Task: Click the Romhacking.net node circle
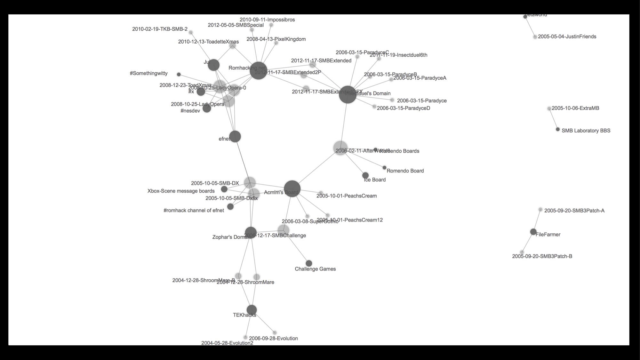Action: tap(258, 70)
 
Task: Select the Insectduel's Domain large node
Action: tap(348, 94)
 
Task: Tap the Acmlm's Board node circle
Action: tap(292, 188)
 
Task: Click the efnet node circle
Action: tap(235, 136)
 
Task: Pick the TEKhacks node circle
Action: tap(252, 310)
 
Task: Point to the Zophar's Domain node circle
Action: tap(251, 232)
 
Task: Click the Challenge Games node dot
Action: tap(309, 263)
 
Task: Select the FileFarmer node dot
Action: tap(533, 232)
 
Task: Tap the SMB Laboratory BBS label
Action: tap(586, 131)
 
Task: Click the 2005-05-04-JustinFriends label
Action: tap(567, 36)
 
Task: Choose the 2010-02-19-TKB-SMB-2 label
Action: tap(160, 29)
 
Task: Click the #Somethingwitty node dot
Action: tap(179, 75)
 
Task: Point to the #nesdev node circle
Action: tap(207, 108)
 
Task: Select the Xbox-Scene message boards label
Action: tap(181, 191)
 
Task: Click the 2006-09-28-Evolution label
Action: tap(273, 338)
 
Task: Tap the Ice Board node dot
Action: tap(365, 175)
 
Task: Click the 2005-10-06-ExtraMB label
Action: tap(575, 108)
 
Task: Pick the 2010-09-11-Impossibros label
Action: tap(267, 20)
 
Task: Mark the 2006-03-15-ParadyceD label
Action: tap(403, 108)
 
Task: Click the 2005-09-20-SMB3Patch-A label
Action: tap(574, 211)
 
